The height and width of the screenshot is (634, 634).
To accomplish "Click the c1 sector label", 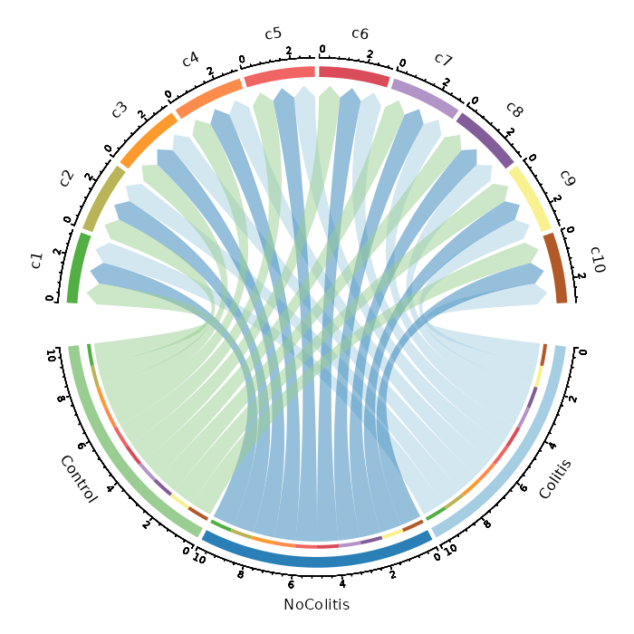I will (x=37, y=261).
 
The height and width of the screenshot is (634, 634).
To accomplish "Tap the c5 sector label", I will (x=274, y=34).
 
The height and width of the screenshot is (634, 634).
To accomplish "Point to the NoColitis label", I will (x=316, y=604).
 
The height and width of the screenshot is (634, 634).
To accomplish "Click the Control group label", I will (x=78, y=479).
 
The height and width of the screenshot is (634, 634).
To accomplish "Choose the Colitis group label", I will (x=555, y=479).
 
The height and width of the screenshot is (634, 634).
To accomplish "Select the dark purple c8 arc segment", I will (x=485, y=139).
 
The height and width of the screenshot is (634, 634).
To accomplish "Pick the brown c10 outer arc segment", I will (x=555, y=267).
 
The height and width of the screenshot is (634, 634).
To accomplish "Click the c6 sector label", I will (x=360, y=34).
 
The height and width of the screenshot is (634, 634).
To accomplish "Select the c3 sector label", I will (x=119, y=110).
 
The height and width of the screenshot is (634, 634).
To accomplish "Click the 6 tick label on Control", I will (x=81, y=446).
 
